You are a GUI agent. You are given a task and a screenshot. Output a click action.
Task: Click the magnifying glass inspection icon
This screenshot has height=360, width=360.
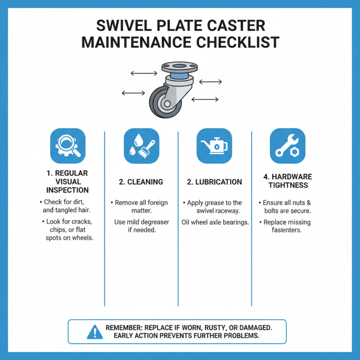(68, 146)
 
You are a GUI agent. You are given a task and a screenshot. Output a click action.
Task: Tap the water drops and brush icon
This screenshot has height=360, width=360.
(141, 146)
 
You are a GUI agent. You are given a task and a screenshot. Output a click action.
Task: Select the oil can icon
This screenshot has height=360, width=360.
(215, 146)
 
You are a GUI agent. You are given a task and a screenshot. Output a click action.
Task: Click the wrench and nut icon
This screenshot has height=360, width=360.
(288, 146)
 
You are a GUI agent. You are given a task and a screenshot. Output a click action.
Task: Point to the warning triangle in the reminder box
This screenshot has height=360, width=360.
(94, 332)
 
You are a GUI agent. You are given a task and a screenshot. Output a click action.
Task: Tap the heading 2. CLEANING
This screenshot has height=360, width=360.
(141, 182)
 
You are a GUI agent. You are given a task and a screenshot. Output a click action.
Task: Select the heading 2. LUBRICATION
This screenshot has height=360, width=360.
(215, 182)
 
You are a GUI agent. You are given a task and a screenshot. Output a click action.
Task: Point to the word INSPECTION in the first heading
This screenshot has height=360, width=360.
(67, 190)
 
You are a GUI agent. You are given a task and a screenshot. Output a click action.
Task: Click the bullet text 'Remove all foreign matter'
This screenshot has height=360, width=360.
(141, 207)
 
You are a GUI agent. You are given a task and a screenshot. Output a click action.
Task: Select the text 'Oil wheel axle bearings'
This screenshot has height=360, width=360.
(215, 222)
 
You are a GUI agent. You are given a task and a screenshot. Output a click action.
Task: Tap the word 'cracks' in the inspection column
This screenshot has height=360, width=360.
(82, 222)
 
